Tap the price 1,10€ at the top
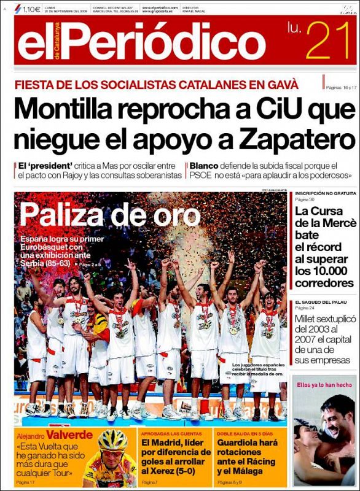(x=31, y=9)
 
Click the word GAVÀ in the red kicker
(x=282, y=84)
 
